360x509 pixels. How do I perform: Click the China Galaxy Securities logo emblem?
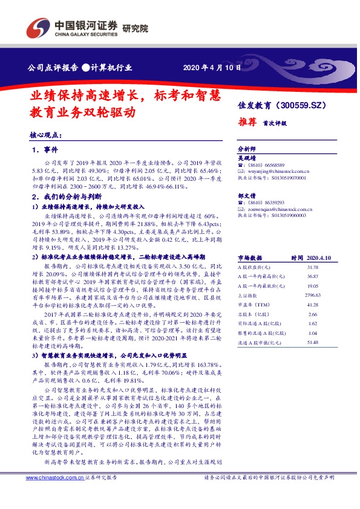39,27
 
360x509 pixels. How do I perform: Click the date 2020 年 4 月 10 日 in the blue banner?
211,67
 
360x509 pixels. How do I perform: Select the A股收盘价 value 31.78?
312,267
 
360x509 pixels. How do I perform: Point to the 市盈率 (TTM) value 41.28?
312,305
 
